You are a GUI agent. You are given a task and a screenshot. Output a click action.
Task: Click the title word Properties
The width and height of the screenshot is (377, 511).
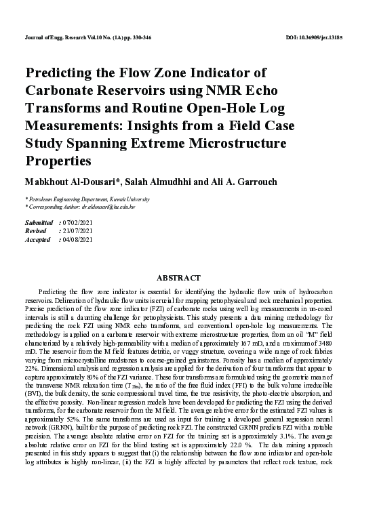pos(58,161)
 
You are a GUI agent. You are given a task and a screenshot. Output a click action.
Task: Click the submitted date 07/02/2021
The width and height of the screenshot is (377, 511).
pos(79,223)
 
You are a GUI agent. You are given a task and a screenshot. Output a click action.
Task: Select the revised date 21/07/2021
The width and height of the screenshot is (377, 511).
pos(79,231)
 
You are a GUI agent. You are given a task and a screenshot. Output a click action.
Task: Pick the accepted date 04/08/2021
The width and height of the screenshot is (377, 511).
pos(79,239)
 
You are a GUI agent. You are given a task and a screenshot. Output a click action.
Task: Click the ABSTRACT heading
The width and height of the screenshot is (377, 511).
pos(179,278)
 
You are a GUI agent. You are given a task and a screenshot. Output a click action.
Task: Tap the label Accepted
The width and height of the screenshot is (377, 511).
pos(37,239)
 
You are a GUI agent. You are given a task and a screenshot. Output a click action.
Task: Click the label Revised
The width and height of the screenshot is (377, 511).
pos(35,231)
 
